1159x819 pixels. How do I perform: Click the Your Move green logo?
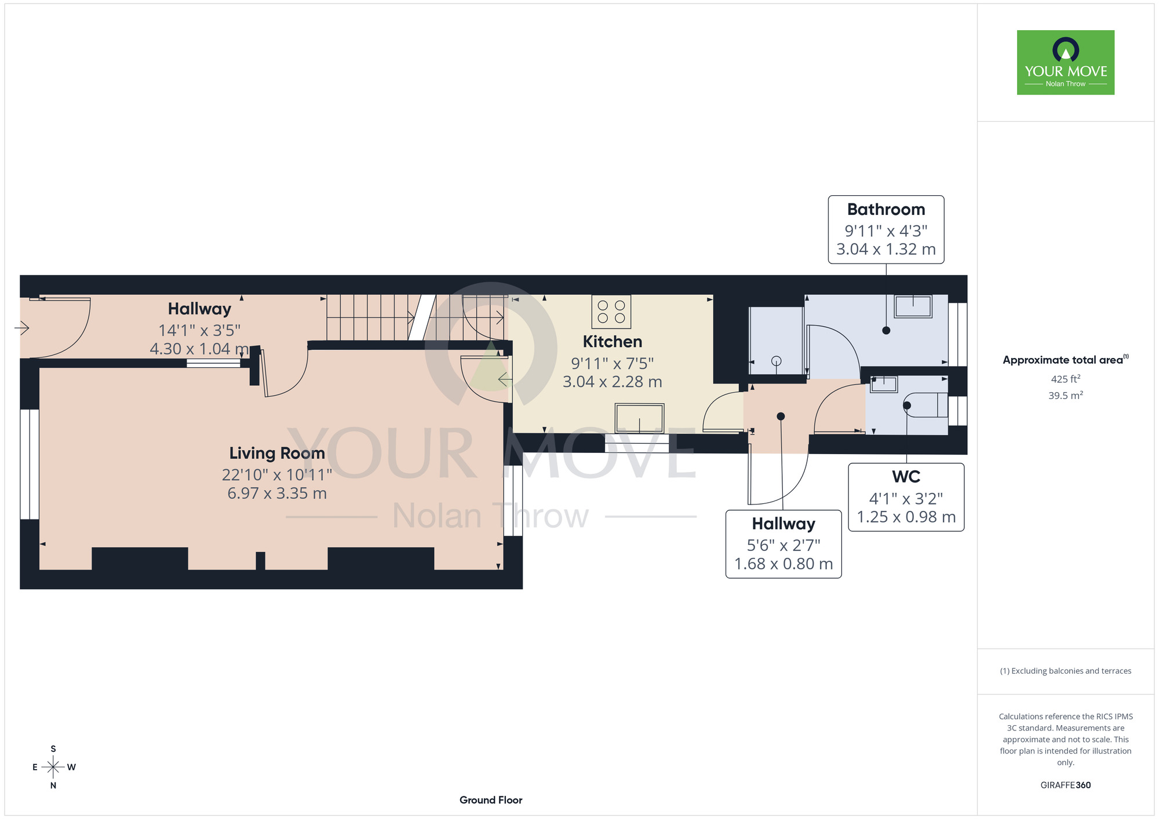coord(1065,63)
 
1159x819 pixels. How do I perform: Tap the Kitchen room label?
coord(612,342)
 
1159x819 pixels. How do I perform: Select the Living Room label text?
coord(277,453)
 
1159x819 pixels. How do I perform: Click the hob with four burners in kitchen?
coord(611,312)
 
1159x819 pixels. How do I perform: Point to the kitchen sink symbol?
coord(640,418)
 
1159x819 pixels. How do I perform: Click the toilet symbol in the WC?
coord(925,405)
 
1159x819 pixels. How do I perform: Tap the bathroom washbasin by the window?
coord(913,306)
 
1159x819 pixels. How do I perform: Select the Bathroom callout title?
coord(886,209)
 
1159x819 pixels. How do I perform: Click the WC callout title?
coord(906,477)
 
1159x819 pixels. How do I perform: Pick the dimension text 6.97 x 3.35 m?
coord(277,493)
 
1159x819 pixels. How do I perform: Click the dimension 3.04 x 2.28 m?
coord(613,382)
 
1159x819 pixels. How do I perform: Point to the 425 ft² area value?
coord(1066,379)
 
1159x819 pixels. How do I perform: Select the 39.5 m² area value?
coord(1066,395)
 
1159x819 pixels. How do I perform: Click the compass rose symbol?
coord(53,767)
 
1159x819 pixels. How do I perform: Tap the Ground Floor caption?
coord(491,800)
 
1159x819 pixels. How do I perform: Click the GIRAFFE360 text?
coord(1066,785)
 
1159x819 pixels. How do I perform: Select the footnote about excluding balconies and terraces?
coord(1066,671)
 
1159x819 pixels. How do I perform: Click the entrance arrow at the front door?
coord(21,328)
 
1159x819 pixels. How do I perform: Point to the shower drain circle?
coord(777,361)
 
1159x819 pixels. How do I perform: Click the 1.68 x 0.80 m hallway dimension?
coord(783,564)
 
